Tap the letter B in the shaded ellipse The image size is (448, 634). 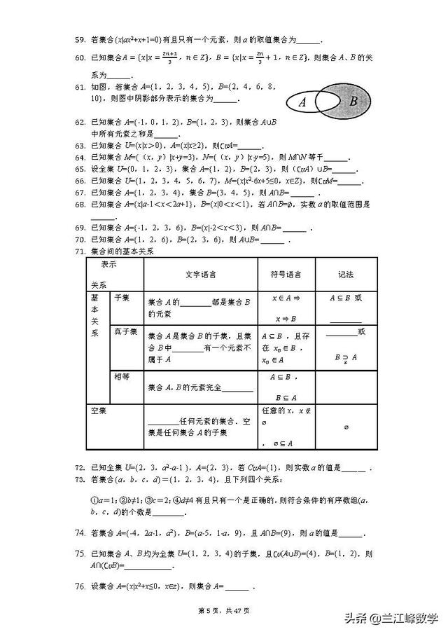[353, 102]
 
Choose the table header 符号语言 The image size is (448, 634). [287, 274]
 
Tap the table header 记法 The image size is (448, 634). [346, 274]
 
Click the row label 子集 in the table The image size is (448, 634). [121, 298]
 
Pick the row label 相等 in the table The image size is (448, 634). [121, 376]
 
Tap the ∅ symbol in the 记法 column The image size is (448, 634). [346, 426]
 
